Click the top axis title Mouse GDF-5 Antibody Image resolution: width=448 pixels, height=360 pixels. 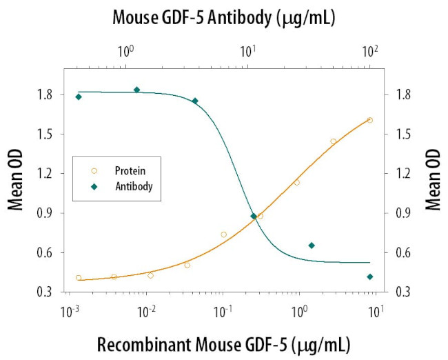pos(224,19)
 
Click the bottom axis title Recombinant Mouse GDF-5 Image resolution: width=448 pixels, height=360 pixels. pos(224,343)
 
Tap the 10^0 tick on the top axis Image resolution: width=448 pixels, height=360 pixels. pos(125,50)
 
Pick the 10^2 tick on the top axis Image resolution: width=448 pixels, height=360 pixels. pos(370,50)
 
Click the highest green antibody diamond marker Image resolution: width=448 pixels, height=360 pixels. pos(136,90)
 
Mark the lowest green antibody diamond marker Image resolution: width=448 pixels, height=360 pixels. pos(370,277)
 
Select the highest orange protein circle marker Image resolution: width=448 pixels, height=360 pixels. pos(370,120)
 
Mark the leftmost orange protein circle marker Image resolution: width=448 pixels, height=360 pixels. pos(79,278)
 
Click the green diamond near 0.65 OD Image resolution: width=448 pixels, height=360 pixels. pos(312,246)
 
